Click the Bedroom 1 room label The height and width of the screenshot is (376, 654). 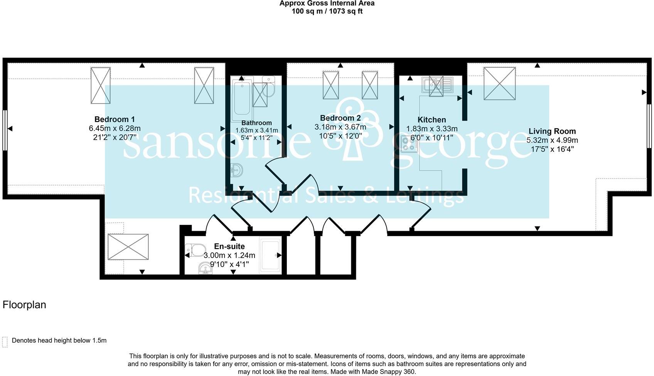tap(115, 119)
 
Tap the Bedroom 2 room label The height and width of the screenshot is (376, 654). tap(340, 118)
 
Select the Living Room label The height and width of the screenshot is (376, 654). tap(552, 131)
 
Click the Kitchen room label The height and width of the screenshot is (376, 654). tap(432, 120)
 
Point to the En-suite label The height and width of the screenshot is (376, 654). tap(229, 247)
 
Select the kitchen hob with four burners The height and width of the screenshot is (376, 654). tap(409, 144)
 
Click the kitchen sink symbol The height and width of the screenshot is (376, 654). tap(437, 84)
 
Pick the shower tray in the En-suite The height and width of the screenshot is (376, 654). tap(270, 255)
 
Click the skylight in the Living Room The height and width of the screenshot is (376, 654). tap(499, 84)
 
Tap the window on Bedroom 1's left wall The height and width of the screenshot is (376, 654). tap(5, 130)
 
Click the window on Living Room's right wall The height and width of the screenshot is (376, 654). tap(649, 126)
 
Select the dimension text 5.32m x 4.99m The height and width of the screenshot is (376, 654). tap(552, 141)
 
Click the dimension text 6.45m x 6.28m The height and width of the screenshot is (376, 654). tap(115, 128)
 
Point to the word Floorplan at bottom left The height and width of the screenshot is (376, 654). tap(24, 305)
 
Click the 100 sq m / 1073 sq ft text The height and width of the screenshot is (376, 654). tap(327, 11)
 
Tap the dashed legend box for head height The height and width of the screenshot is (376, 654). tap(5, 342)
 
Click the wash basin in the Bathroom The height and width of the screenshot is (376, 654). tap(237, 170)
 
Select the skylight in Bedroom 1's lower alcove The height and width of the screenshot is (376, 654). tap(128, 247)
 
